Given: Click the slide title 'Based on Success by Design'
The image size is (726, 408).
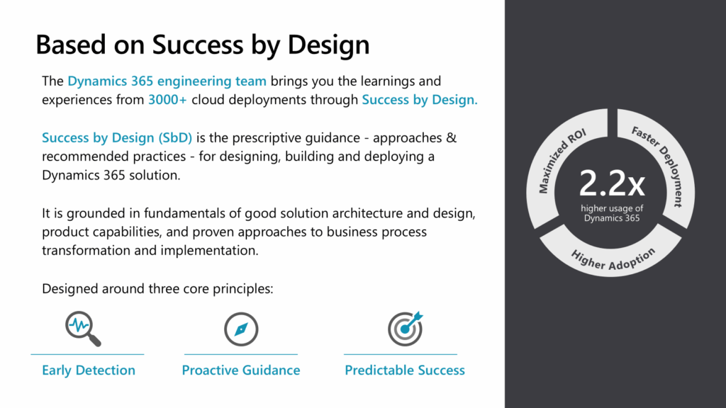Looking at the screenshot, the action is (202, 45).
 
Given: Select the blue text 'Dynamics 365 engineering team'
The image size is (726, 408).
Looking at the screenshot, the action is (167, 81).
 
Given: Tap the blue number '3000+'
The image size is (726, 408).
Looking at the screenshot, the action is (167, 100).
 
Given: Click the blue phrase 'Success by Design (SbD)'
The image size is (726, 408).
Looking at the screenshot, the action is (117, 138).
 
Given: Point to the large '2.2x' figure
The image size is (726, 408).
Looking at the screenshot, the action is (612, 183).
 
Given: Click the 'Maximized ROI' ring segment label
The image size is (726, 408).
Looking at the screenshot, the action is (562, 161).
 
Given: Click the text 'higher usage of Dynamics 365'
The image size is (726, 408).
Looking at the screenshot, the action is (612, 213).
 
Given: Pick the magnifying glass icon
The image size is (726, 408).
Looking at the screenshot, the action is (83, 329).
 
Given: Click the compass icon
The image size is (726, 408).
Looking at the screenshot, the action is (241, 329).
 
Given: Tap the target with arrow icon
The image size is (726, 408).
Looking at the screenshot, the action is (405, 329).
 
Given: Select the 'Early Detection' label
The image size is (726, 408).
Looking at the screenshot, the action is (89, 370).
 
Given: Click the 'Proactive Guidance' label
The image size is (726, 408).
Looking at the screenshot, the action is (241, 370).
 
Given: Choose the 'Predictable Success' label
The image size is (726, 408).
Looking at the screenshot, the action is (405, 370).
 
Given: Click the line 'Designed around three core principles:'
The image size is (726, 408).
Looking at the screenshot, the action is (157, 289).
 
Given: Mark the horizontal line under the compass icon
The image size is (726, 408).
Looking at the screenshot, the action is (241, 354).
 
